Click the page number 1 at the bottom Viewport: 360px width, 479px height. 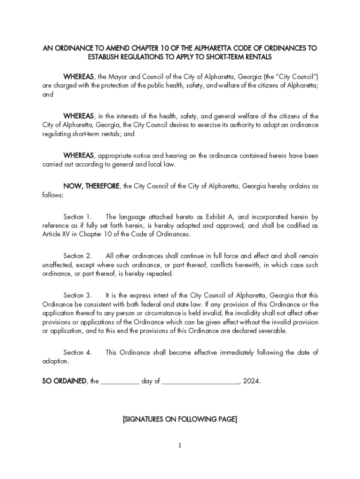click(180, 445)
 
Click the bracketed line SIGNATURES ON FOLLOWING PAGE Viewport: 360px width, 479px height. click(180, 420)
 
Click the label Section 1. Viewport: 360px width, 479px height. click(78, 217)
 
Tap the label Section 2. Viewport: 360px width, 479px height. click(78, 256)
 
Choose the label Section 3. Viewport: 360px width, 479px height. click(78, 295)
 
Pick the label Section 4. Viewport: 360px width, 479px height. click(78, 352)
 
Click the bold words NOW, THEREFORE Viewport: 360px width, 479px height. click(92, 186)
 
